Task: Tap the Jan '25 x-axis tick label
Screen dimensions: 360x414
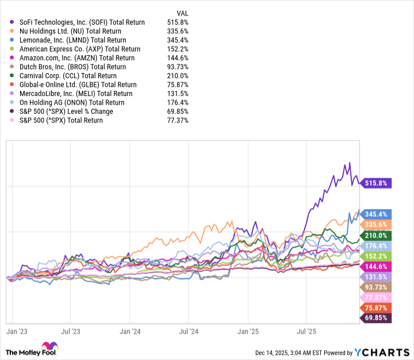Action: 248,332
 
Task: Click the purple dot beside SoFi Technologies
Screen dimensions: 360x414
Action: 13,22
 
